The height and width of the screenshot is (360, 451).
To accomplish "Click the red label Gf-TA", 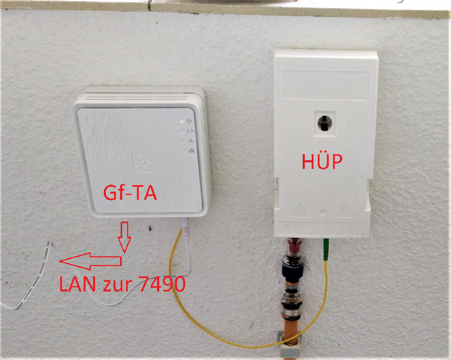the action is click(130, 193).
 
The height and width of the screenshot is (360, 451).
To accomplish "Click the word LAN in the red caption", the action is click(77, 284).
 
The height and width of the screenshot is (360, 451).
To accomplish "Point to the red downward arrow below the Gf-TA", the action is click(124, 237).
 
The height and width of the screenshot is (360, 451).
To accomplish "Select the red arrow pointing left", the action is click(90, 261).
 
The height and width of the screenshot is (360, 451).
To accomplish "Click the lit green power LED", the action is click(182, 121).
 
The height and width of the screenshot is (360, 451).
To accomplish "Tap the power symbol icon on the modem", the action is click(189, 121).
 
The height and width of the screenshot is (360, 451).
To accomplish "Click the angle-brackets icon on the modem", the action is click(190, 131).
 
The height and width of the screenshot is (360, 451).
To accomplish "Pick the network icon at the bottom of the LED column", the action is click(192, 150).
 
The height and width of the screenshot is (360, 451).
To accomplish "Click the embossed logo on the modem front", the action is click(141, 162).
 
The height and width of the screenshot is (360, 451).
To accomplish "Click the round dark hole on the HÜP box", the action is click(325, 123).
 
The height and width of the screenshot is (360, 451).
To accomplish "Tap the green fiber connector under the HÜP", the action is click(326, 249).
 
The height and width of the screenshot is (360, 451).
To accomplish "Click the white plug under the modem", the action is click(185, 228).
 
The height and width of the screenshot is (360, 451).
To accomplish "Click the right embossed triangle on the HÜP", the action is click(345, 210).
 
